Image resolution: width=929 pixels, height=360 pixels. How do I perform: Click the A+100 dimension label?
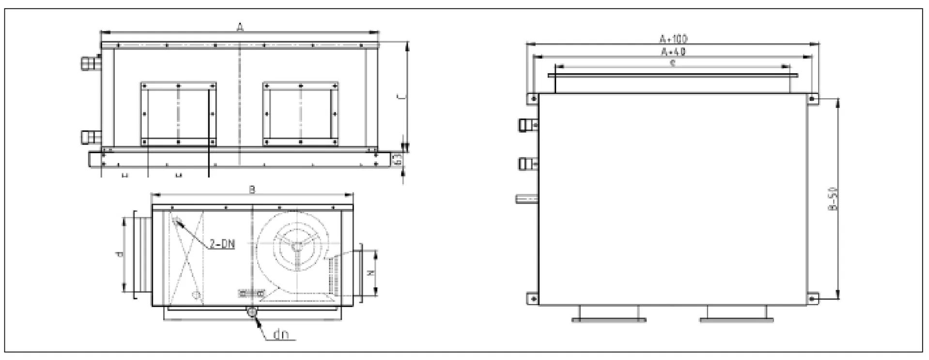[x=674, y=38]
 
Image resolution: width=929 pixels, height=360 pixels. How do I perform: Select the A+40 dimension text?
[x=674, y=51]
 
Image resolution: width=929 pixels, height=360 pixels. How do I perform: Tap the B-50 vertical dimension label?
[x=833, y=199]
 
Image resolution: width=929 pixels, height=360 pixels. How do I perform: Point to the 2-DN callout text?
[x=222, y=244]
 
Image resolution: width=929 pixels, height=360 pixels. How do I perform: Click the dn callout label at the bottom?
[x=281, y=334]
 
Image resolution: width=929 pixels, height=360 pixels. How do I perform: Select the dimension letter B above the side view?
[x=252, y=190]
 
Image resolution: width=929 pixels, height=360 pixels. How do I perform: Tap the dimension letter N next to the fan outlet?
[x=370, y=273]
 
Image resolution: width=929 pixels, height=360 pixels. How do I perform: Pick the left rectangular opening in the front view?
[x=178, y=114]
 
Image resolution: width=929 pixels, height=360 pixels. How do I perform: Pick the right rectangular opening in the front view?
[x=300, y=114]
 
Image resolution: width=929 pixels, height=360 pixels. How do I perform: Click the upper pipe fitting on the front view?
[x=90, y=63]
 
